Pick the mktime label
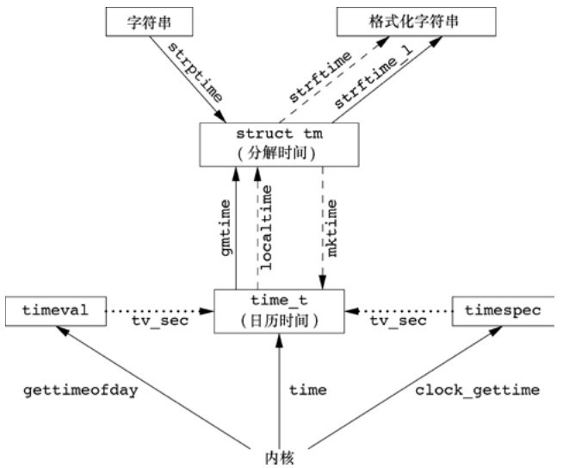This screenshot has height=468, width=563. [x=335, y=226]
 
